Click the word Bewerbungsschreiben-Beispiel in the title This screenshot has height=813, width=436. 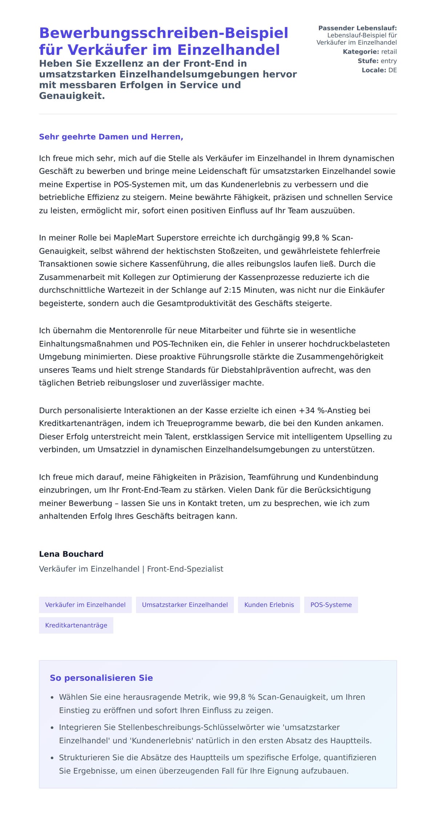click(163, 33)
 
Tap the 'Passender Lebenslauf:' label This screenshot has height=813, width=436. click(357, 28)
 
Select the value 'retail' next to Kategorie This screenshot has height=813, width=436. click(389, 52)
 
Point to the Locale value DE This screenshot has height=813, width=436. click(392, 70)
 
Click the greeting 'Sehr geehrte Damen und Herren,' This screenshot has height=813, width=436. click(111, 137)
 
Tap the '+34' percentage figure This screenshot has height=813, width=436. click(307, 410)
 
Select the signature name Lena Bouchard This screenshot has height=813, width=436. click(71, 554)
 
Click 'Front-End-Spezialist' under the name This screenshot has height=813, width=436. click(185, 569)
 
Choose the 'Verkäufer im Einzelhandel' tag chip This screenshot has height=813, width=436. click(85, 605)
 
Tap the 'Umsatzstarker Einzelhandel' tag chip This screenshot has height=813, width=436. click(185, 605)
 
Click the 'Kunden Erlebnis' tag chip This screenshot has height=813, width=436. click(269, 605)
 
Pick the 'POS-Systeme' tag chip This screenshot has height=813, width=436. click(331, 605)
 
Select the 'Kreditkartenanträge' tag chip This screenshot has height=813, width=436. click(76, 625)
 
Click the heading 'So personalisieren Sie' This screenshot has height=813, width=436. click(101, 678)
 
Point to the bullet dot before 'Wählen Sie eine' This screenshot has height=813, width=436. click(52, 698)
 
